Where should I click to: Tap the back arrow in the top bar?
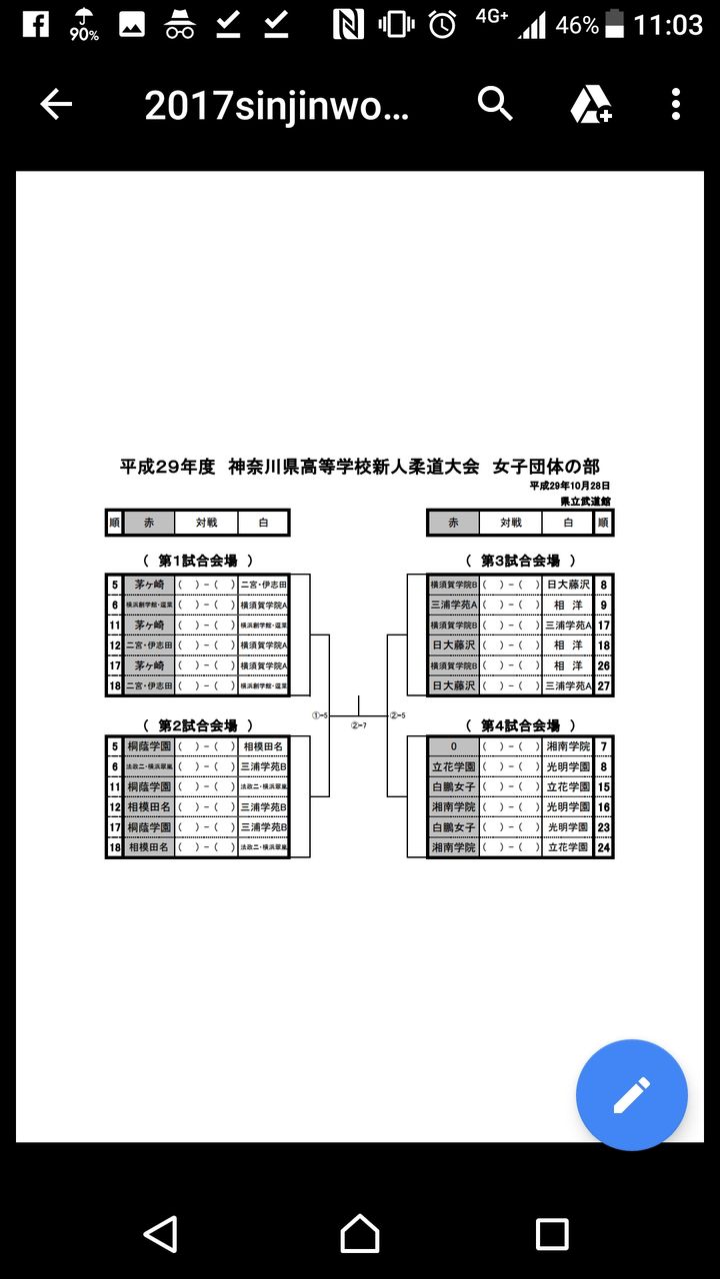coord(56,104)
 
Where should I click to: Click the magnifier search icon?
coord(495,103)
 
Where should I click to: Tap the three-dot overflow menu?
coord(676,104)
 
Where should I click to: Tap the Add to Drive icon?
coord(591,104)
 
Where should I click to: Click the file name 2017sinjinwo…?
coord(277,105)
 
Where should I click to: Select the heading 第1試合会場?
coord(198,561)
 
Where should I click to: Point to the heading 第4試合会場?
coord(520,725)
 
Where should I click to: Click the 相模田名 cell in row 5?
coord(263,746)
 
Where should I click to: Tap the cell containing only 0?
coord(452,746)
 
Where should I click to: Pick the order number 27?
coord(603,685)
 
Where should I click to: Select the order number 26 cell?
coord(603,665)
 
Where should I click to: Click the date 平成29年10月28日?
coord(570,486)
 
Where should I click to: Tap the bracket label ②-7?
coord(358,725)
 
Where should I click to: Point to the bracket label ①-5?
coord(320,715)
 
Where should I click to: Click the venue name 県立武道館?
coord(585,500)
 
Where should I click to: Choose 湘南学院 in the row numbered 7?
coord(567,746)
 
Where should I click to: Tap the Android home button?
coord(360,1234)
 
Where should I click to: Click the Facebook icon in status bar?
coord(35,23)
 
